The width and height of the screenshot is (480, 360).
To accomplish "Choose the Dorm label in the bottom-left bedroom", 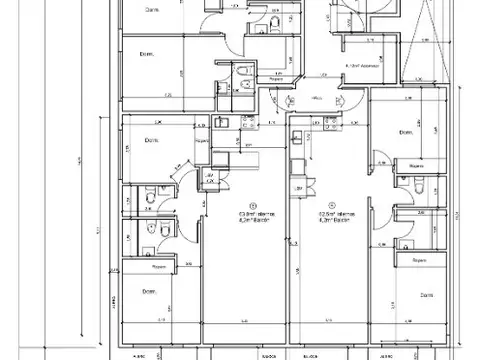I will [x=147, y=292].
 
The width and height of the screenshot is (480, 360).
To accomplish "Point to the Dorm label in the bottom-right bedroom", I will [x=427, y=296].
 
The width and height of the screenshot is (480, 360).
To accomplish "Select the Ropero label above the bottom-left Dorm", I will [x=158, y=267].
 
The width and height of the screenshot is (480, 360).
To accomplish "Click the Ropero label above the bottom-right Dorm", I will [x=418, y=260].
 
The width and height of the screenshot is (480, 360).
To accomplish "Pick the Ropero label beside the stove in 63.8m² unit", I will [x=203, y=143].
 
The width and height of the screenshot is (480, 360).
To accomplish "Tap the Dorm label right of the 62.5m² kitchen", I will [x=405, y=132].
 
